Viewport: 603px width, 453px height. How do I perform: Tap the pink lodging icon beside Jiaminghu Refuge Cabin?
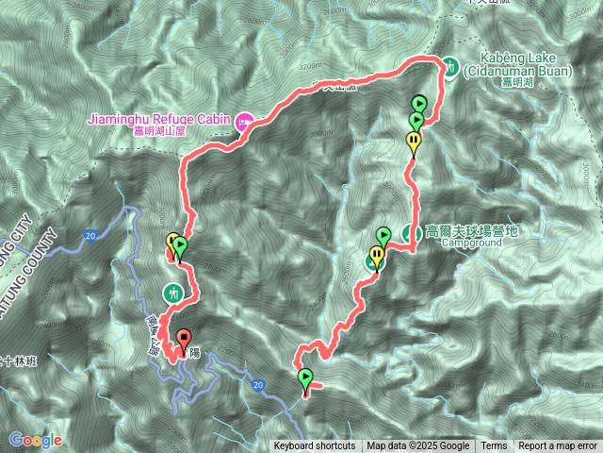(244, 121)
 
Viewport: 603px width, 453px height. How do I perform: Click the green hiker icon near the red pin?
(173, 293)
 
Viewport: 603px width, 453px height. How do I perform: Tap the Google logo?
(35, 440)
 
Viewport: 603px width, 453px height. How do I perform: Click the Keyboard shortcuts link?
(315, 446)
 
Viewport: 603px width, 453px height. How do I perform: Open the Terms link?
(494, 446)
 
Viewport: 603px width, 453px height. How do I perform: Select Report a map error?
(558, 446)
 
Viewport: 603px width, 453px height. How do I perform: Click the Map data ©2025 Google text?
(418, 446)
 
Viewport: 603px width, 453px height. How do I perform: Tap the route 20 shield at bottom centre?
(257, 382)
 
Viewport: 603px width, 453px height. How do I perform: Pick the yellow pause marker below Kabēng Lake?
(414, 141)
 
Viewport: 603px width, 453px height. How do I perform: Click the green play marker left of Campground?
(383, 235)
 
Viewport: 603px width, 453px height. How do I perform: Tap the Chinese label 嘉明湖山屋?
(162, 132)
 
